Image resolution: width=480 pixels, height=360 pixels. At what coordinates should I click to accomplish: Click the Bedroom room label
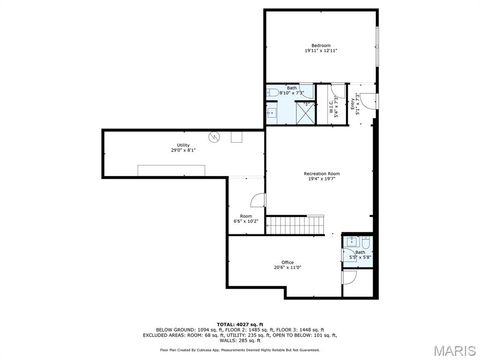[320, 44]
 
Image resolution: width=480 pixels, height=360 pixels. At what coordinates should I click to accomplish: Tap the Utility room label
[183, 145]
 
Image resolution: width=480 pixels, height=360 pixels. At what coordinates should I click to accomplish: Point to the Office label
[287, 262]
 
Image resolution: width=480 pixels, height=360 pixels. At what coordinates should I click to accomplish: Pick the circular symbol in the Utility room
[213, 137]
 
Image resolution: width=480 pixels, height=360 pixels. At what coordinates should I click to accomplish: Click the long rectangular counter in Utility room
[168, 168]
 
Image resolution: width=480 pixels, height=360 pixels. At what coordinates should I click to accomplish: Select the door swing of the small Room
[257, 199]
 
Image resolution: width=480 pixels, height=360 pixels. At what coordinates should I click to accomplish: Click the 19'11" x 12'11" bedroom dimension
[320, 50]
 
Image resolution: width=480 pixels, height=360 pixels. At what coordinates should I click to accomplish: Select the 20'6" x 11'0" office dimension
[287, 268]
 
